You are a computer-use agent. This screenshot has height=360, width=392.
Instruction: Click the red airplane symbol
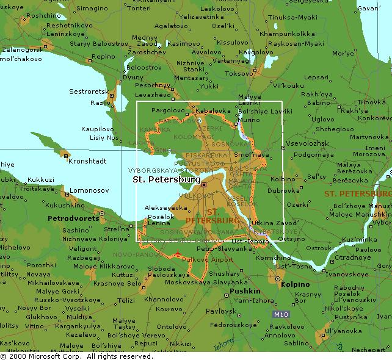pyautogui.click(x=177, y=254)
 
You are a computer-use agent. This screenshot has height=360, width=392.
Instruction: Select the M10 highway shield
pyautogui.click(x=280, y=314)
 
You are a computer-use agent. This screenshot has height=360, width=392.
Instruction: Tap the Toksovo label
pyautogui.click(x=240, y=73)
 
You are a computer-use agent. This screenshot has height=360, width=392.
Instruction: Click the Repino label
pyautogui.click(x=103, y=57)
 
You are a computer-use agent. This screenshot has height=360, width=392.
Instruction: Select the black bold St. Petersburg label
pyautogui.click(x=166, y=181)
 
